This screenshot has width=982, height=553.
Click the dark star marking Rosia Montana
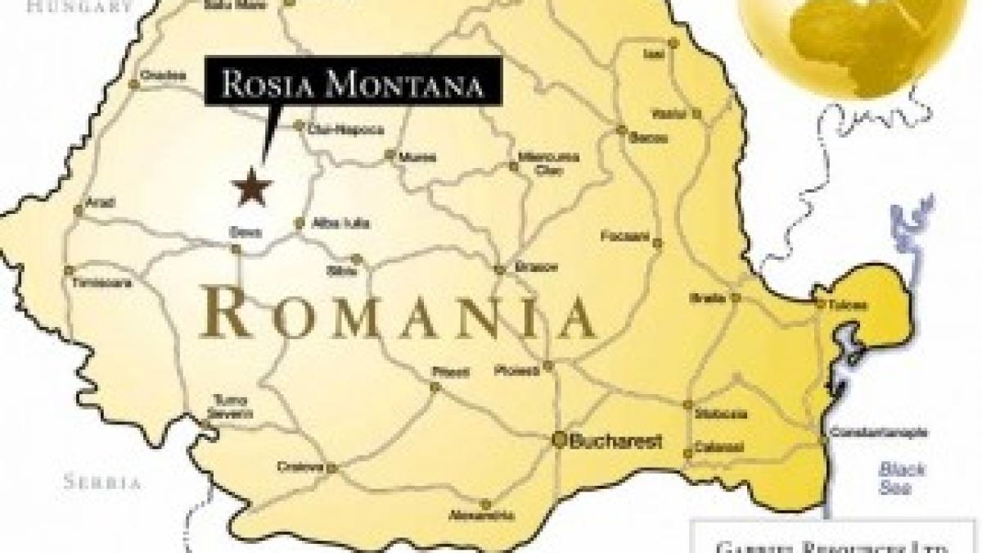tap(251, 187)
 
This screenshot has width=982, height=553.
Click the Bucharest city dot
tap(560, 439)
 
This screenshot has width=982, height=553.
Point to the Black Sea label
tap(901, 478)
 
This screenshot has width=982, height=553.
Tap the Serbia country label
tap(103, 482)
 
